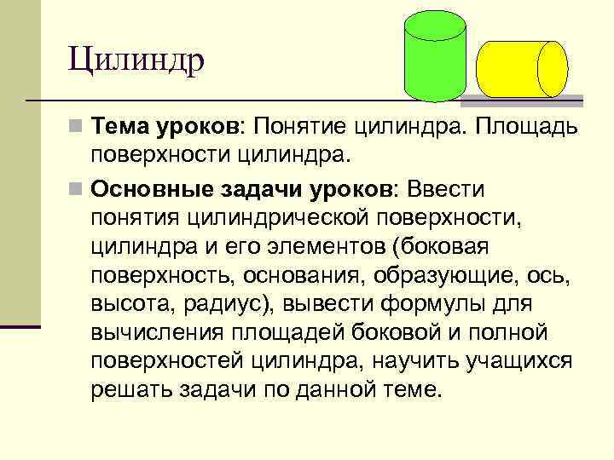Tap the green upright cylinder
tap(435, 64)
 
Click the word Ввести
tap(449, 187)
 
